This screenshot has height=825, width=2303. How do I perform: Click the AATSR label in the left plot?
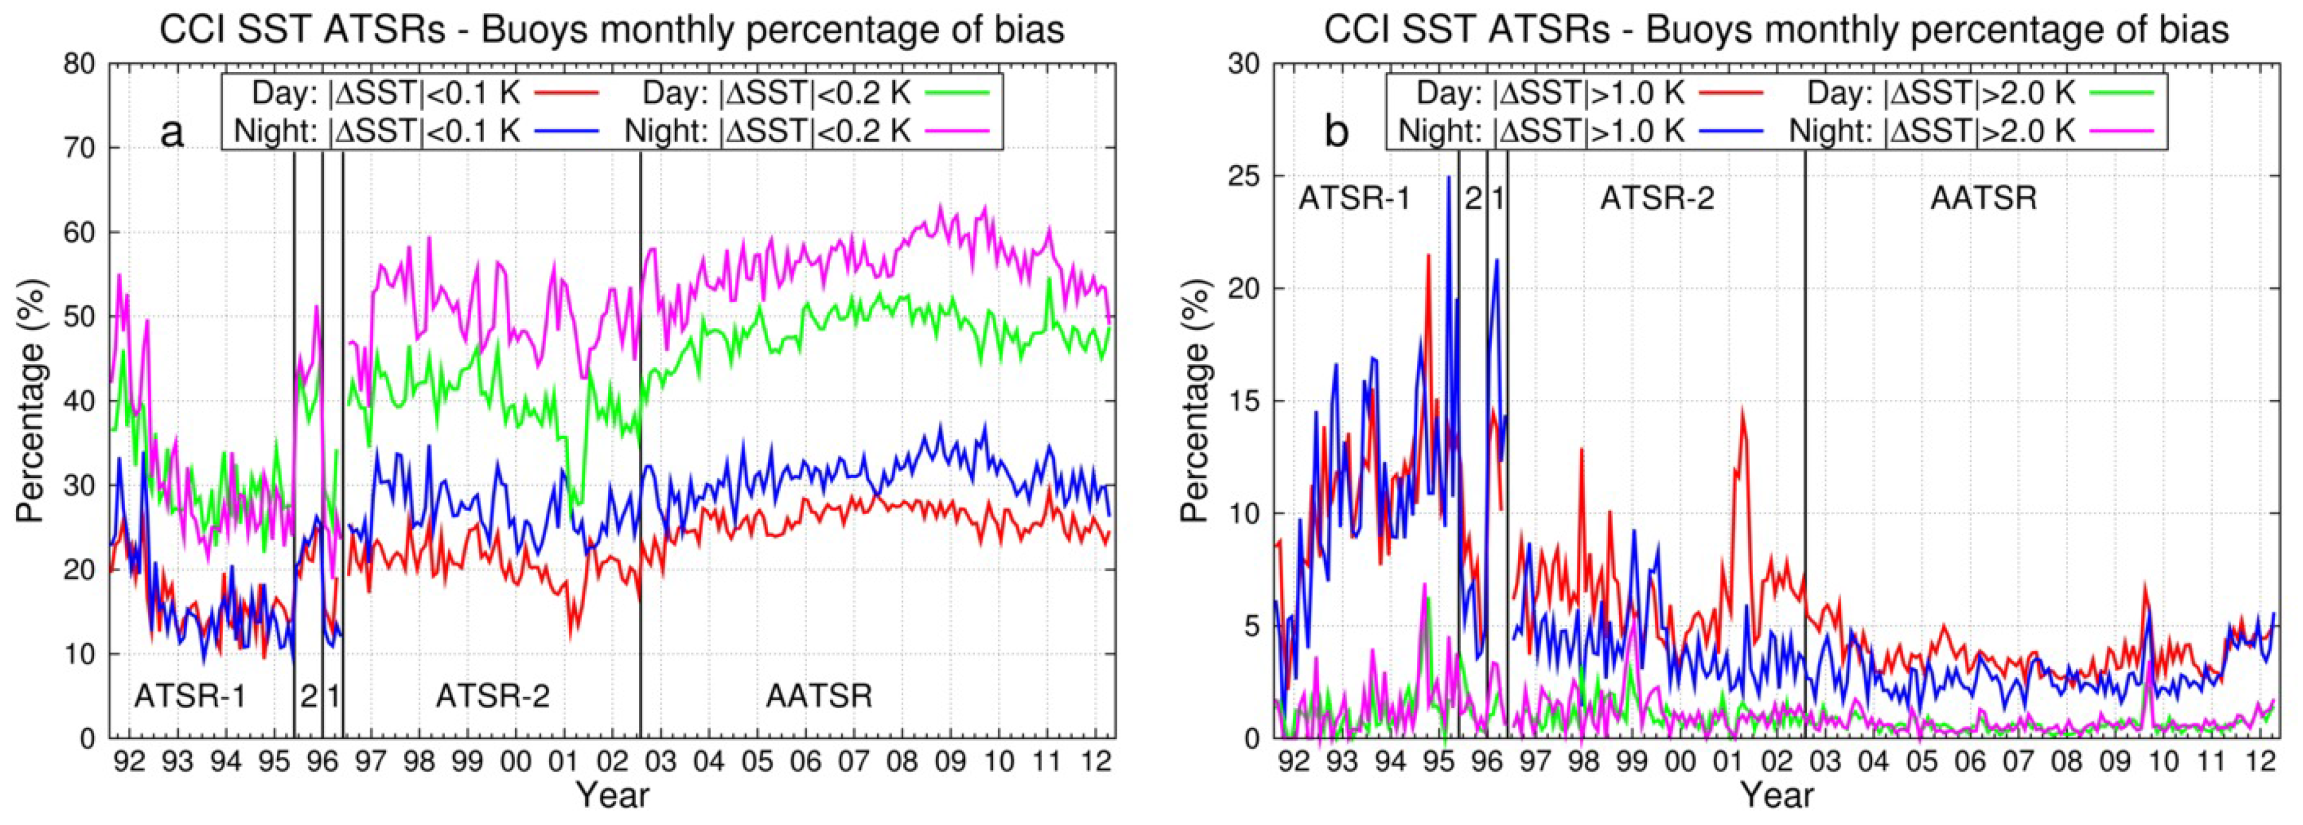[819, 696]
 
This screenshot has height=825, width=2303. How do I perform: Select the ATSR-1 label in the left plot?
[190, 696]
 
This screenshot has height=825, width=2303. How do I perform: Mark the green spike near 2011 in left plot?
[1048, 280]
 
